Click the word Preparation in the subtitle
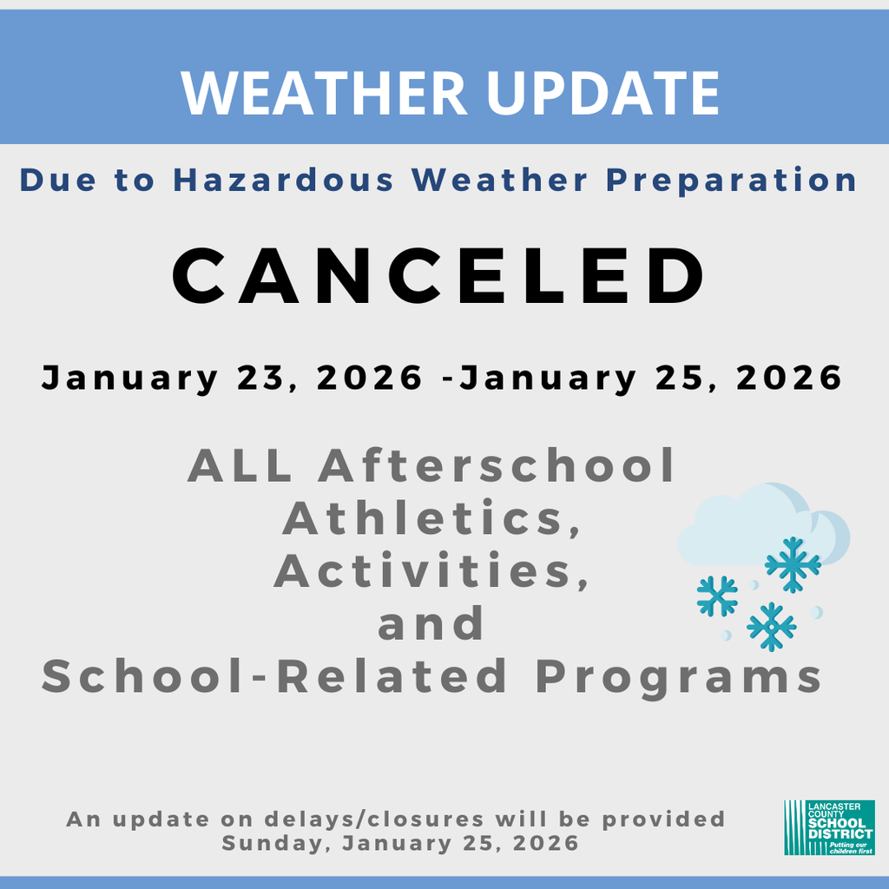(x=731, y=181)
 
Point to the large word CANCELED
(x=441, y=276)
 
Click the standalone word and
(x=431, y=623)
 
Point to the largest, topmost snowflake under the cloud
(x=793, y=564)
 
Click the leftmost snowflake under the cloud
(x=717, y=596)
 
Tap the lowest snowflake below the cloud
(x=771, y=626)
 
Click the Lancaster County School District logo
(x=828, y=827)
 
